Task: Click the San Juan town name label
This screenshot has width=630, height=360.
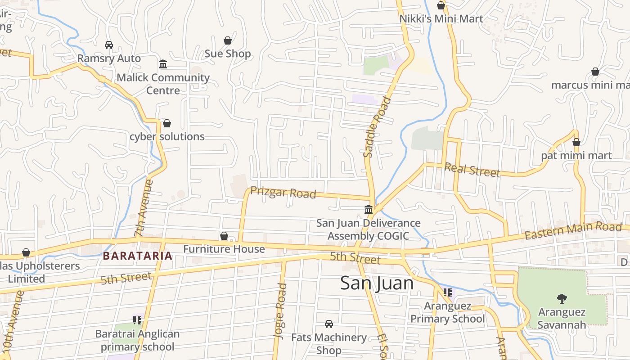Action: click(377, 283)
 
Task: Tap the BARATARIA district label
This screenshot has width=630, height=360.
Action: click(137, 256)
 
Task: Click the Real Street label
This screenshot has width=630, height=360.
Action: click(472, 170)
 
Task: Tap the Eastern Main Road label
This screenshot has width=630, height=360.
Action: click(572, 230)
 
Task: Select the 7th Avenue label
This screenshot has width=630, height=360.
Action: click(144, 208)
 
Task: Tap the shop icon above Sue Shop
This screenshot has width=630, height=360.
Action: click(228, 40)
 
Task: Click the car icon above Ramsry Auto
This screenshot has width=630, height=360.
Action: click(108, 45)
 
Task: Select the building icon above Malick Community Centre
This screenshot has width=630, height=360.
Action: click(163, 64)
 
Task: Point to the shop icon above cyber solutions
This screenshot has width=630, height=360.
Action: click(167, 123)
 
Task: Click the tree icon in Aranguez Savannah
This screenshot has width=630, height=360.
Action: click(562, 298)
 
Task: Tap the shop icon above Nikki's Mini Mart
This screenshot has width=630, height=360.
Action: click(441, 5)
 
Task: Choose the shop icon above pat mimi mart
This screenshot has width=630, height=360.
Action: click(576, 143)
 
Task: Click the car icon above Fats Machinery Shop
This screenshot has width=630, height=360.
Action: click(329, 324)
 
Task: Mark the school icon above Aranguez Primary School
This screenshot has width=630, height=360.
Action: click(447, 292)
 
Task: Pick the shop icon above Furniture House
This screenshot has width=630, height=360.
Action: click(224, 236)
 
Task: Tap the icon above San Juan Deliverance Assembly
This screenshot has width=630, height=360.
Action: click(369, 209)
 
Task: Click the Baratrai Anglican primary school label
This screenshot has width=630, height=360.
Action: click(137, 340)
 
